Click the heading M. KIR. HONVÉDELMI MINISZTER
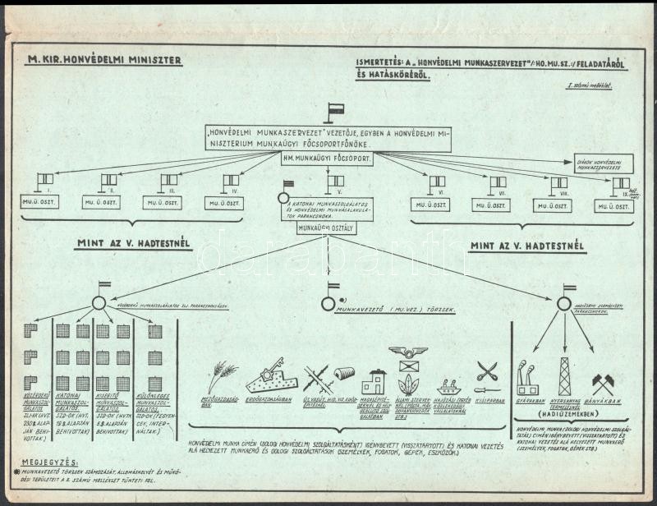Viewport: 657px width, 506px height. pyautogui.click(x=104, y=60)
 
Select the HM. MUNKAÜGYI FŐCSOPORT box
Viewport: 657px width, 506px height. pyautogui.click(x=328, y=158)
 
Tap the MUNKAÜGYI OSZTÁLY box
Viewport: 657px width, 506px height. pyautogui.click(x=326, y=228)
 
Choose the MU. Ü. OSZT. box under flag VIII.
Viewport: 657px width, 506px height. pyautogui.click(x=552, y=205)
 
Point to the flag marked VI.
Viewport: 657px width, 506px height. pyautogui.click(x=437, y=182)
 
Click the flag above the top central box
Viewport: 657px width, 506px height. pyautogui.click(x=333, y=111)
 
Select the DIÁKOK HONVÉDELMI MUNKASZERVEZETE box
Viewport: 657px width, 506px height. pyautogui.click(x=603, y=163)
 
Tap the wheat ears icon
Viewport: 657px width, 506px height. pyautogui.click(x=220, y=376)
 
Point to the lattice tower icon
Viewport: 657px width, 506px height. pyautogui.click(x=565, y=375)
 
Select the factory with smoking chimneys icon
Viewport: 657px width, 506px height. pyautogui.click(x=526, y=379)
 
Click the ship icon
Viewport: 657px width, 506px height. pyautogui.click(x=449, y=386)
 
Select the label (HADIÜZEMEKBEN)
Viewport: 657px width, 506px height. pyautogui.click(x=564, y=415)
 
